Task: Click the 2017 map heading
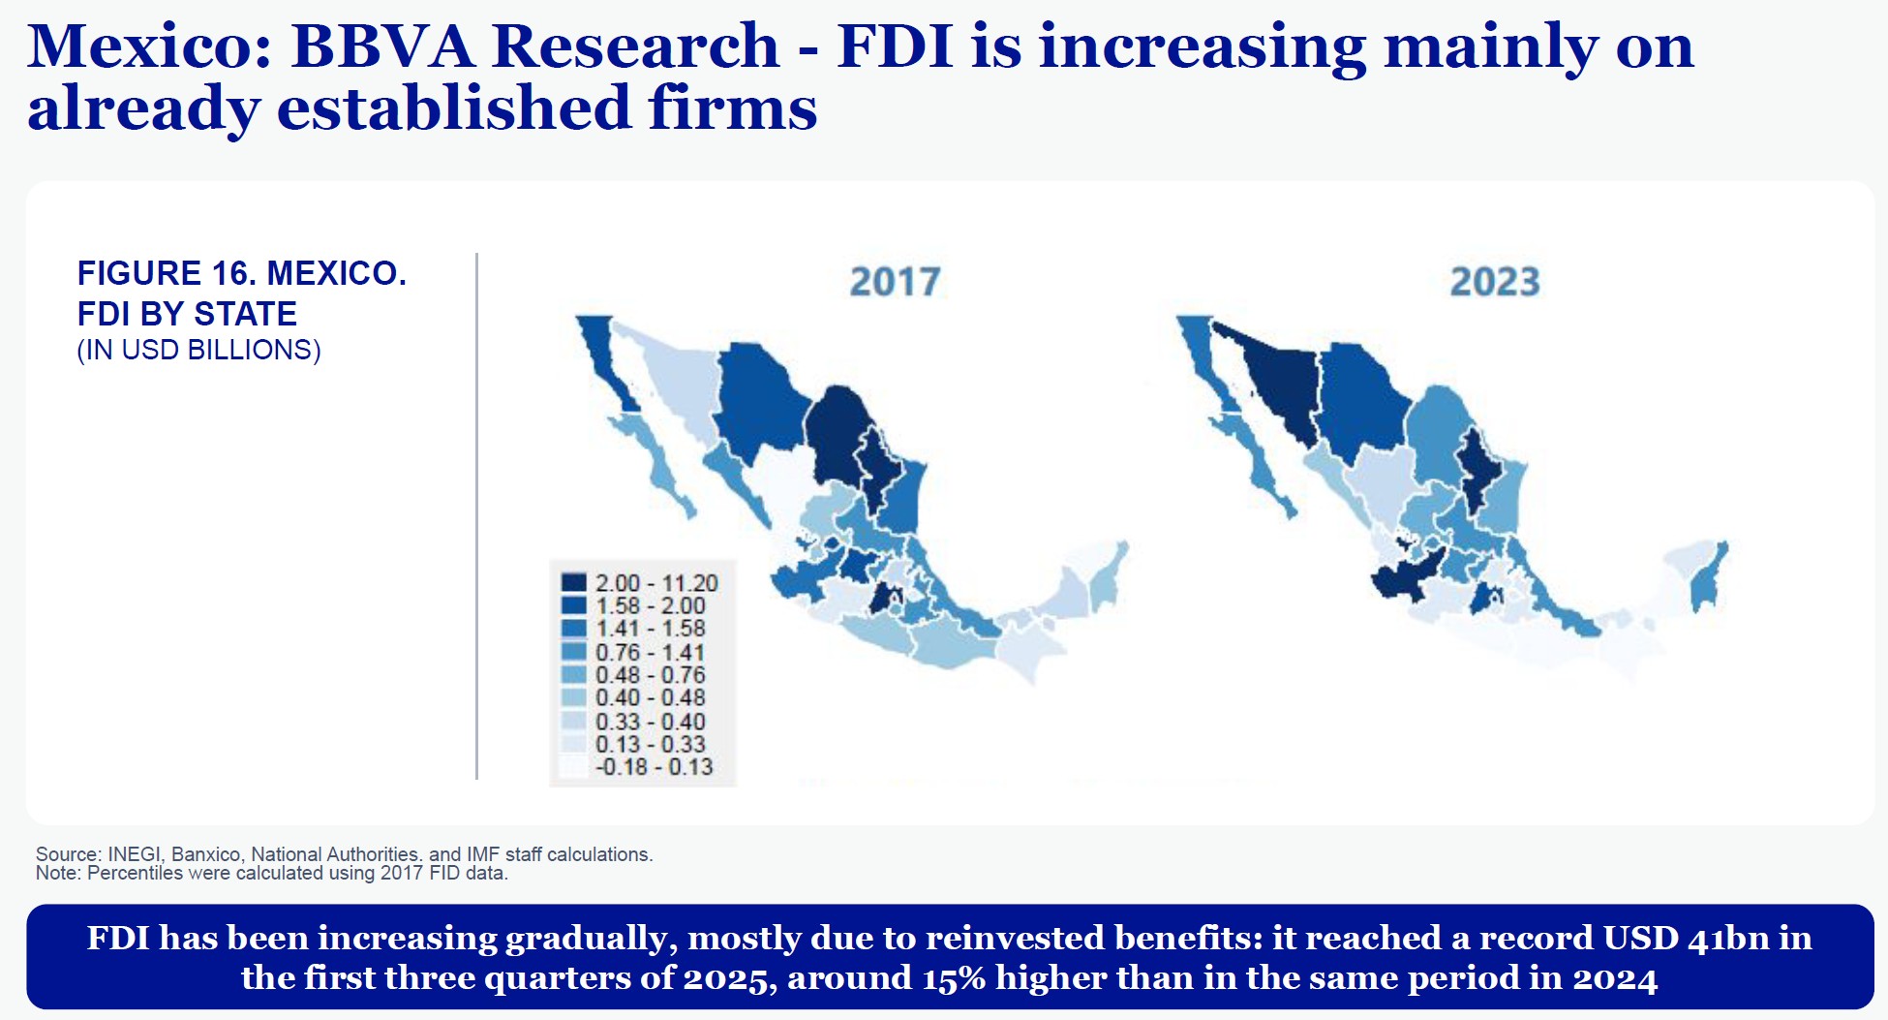[895, 282]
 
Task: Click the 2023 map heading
[1494, 282]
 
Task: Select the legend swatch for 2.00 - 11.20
[574, 582]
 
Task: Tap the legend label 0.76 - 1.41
[650, 652]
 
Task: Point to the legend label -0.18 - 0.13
[654, 766]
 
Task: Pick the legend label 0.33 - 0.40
[650, 722]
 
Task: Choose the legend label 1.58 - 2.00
[650, 605]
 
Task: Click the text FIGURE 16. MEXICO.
[242, 273]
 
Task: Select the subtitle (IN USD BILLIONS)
[198, 350]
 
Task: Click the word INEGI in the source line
[135, 854]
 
